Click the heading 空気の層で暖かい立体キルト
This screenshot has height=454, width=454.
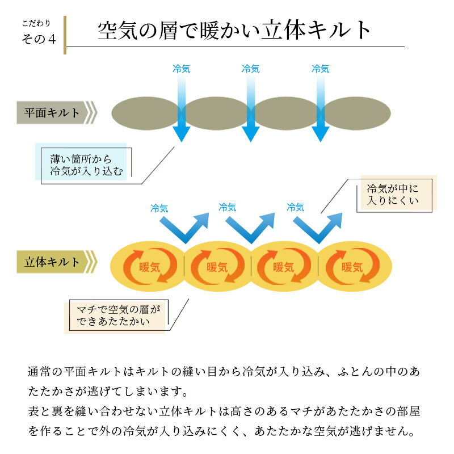234,30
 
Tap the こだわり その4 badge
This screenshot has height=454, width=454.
39,33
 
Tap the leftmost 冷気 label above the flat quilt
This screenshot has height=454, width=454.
181,69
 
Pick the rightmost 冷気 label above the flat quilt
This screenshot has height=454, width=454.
320,69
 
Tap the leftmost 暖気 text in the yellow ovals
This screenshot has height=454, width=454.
149,266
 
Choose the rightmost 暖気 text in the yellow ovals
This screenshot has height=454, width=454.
352,266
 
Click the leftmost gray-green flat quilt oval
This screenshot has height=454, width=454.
145,113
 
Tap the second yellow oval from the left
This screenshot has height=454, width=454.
217,266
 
